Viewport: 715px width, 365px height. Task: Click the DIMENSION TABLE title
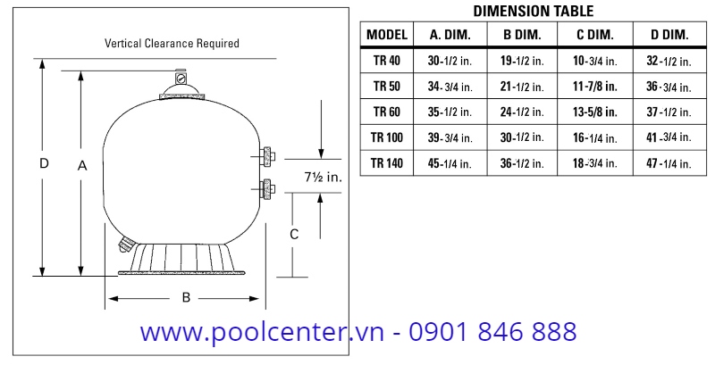tap(533, 12)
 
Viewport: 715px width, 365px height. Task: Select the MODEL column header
tap(387, 36)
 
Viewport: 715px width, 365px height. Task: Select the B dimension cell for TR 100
tap(523, 137)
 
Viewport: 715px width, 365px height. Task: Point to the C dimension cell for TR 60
tap(594, 112)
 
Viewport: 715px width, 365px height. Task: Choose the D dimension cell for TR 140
tap(668, 163)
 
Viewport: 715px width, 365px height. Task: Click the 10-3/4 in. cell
tap(594, 62)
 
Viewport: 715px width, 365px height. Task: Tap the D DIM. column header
tap(668, 36)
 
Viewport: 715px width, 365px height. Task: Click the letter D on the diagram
tap(43, 164)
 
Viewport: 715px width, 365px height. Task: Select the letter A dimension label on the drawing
tap(82, 165)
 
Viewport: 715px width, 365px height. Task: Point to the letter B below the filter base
tap(186, 298)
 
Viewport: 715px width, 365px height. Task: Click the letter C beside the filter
tap(293, 234)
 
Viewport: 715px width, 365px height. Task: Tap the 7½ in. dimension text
tap(322, 178)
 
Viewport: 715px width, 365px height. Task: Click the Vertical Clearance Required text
tap(172, 43)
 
